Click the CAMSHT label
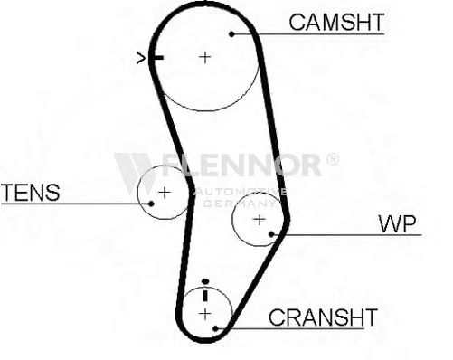tap(336, 23)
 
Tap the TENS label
tap(31, 193)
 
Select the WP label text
tap(397, 223)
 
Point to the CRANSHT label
tap(323, 317)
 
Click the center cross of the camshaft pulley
tap(205, 57)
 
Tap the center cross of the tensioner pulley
tap(165, 192)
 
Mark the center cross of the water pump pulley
tap(260, 220)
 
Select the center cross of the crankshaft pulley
tap(205, 314)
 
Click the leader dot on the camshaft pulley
tap(231, 34)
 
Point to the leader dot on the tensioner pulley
tap(151, 204)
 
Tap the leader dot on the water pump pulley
tap(271, 234)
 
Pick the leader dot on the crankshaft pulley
tap(215, 328)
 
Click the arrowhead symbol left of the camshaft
tap(141, 58)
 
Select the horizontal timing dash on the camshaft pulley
tap(156, 57)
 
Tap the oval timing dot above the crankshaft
tap(205, 281)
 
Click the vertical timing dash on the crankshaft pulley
tap(205, 295)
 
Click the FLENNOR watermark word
tap(241, 165)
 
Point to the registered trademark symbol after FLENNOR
tap(333, 159)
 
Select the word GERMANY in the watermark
tap(240, 204)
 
